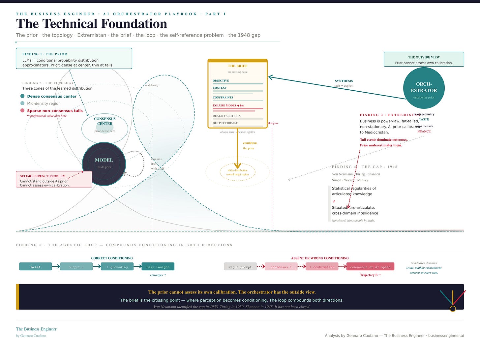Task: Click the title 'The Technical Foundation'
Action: [92, 24]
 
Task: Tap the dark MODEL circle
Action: [104, 164]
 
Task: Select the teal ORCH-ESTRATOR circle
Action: [424, 88]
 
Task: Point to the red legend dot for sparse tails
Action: [22, 110]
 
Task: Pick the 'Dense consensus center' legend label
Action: [52, 96]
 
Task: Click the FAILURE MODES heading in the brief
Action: [224, 105]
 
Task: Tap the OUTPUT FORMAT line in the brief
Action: [225, 123]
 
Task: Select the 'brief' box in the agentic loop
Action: [36, 267]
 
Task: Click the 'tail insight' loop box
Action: [158, 267]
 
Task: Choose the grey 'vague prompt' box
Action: [240, 267]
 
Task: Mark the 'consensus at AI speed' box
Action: [370, 267]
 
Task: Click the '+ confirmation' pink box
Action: [322, 267]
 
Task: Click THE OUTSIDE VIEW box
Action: [424, 59]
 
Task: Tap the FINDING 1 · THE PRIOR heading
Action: [45, 54]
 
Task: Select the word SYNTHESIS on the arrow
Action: [344, 81]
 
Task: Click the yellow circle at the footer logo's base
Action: [453, 309]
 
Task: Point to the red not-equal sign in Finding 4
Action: [334, 201]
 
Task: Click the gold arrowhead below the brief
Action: [237, 166]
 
